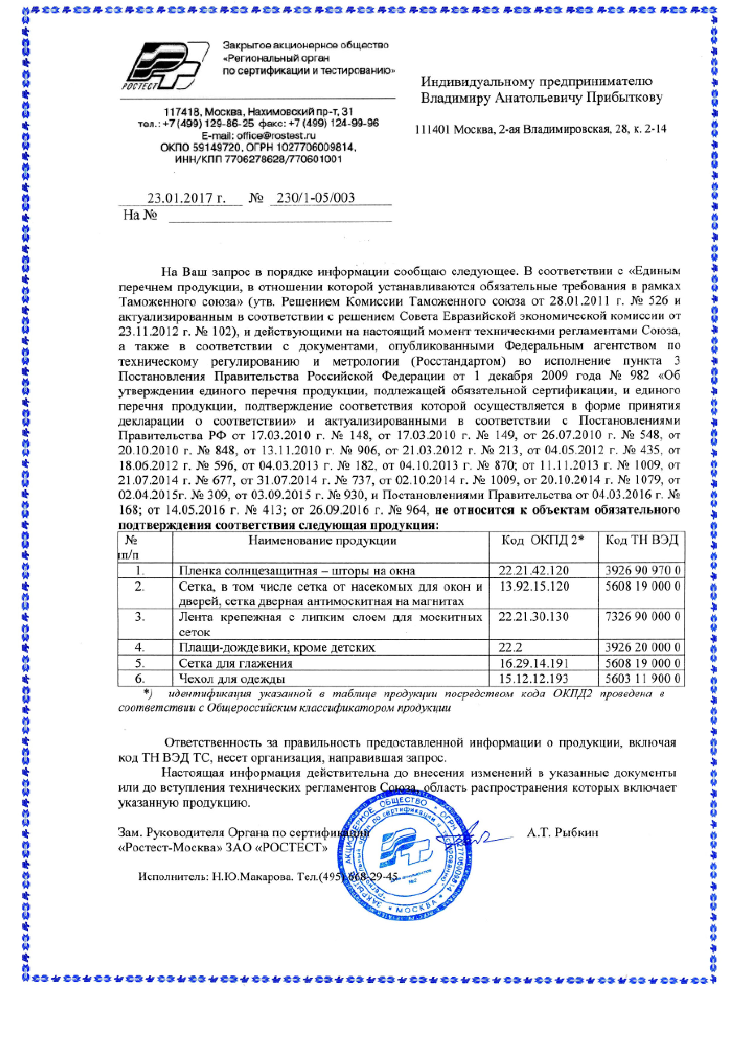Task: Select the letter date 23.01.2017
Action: (x=180, y=198)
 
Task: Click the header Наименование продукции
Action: (x=322, y=541)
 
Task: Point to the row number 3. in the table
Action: (x=140, y=617)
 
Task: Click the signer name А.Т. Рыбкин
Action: (x=562, y=833)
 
